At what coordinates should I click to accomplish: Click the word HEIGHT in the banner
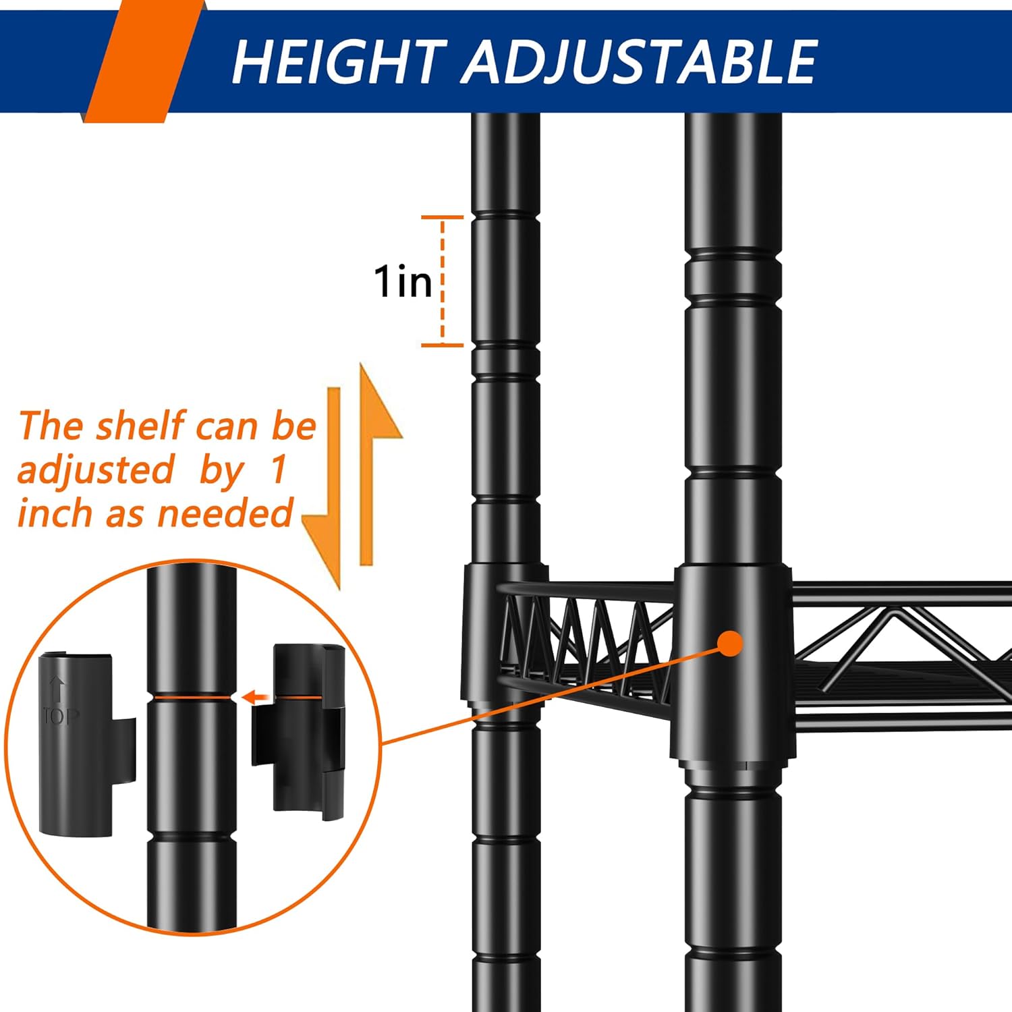pyautogui.click(x=339, y=62)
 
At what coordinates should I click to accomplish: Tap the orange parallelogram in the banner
pyautogui.click(x=143, y=61)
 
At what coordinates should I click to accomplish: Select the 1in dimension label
pyautogui.click(x=403, y=281)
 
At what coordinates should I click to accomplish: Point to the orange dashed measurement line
pyautogui.click(x=443, y=281)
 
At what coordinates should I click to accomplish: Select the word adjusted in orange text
pyautogui.click(x=96, y=470)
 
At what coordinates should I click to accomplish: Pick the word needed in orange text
pyautogui.click(x=225, y=513)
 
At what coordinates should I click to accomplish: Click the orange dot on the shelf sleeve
pyautogui.click(x=730, y=643)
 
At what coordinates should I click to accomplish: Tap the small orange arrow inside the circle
pyautogui.click(x=256, y=697)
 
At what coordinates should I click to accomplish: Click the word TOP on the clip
pyautogui.click(x=61, y=715)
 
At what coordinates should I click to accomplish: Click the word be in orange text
pyautogui.click(x=294, y=426)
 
